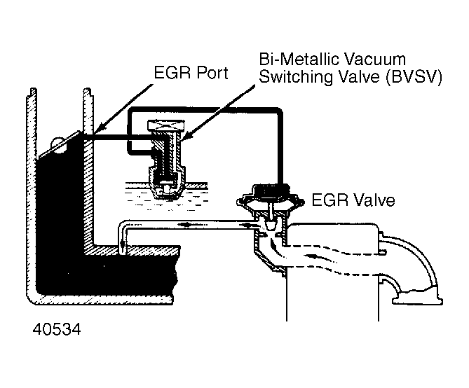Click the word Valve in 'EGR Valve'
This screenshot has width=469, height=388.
point(372,201)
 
